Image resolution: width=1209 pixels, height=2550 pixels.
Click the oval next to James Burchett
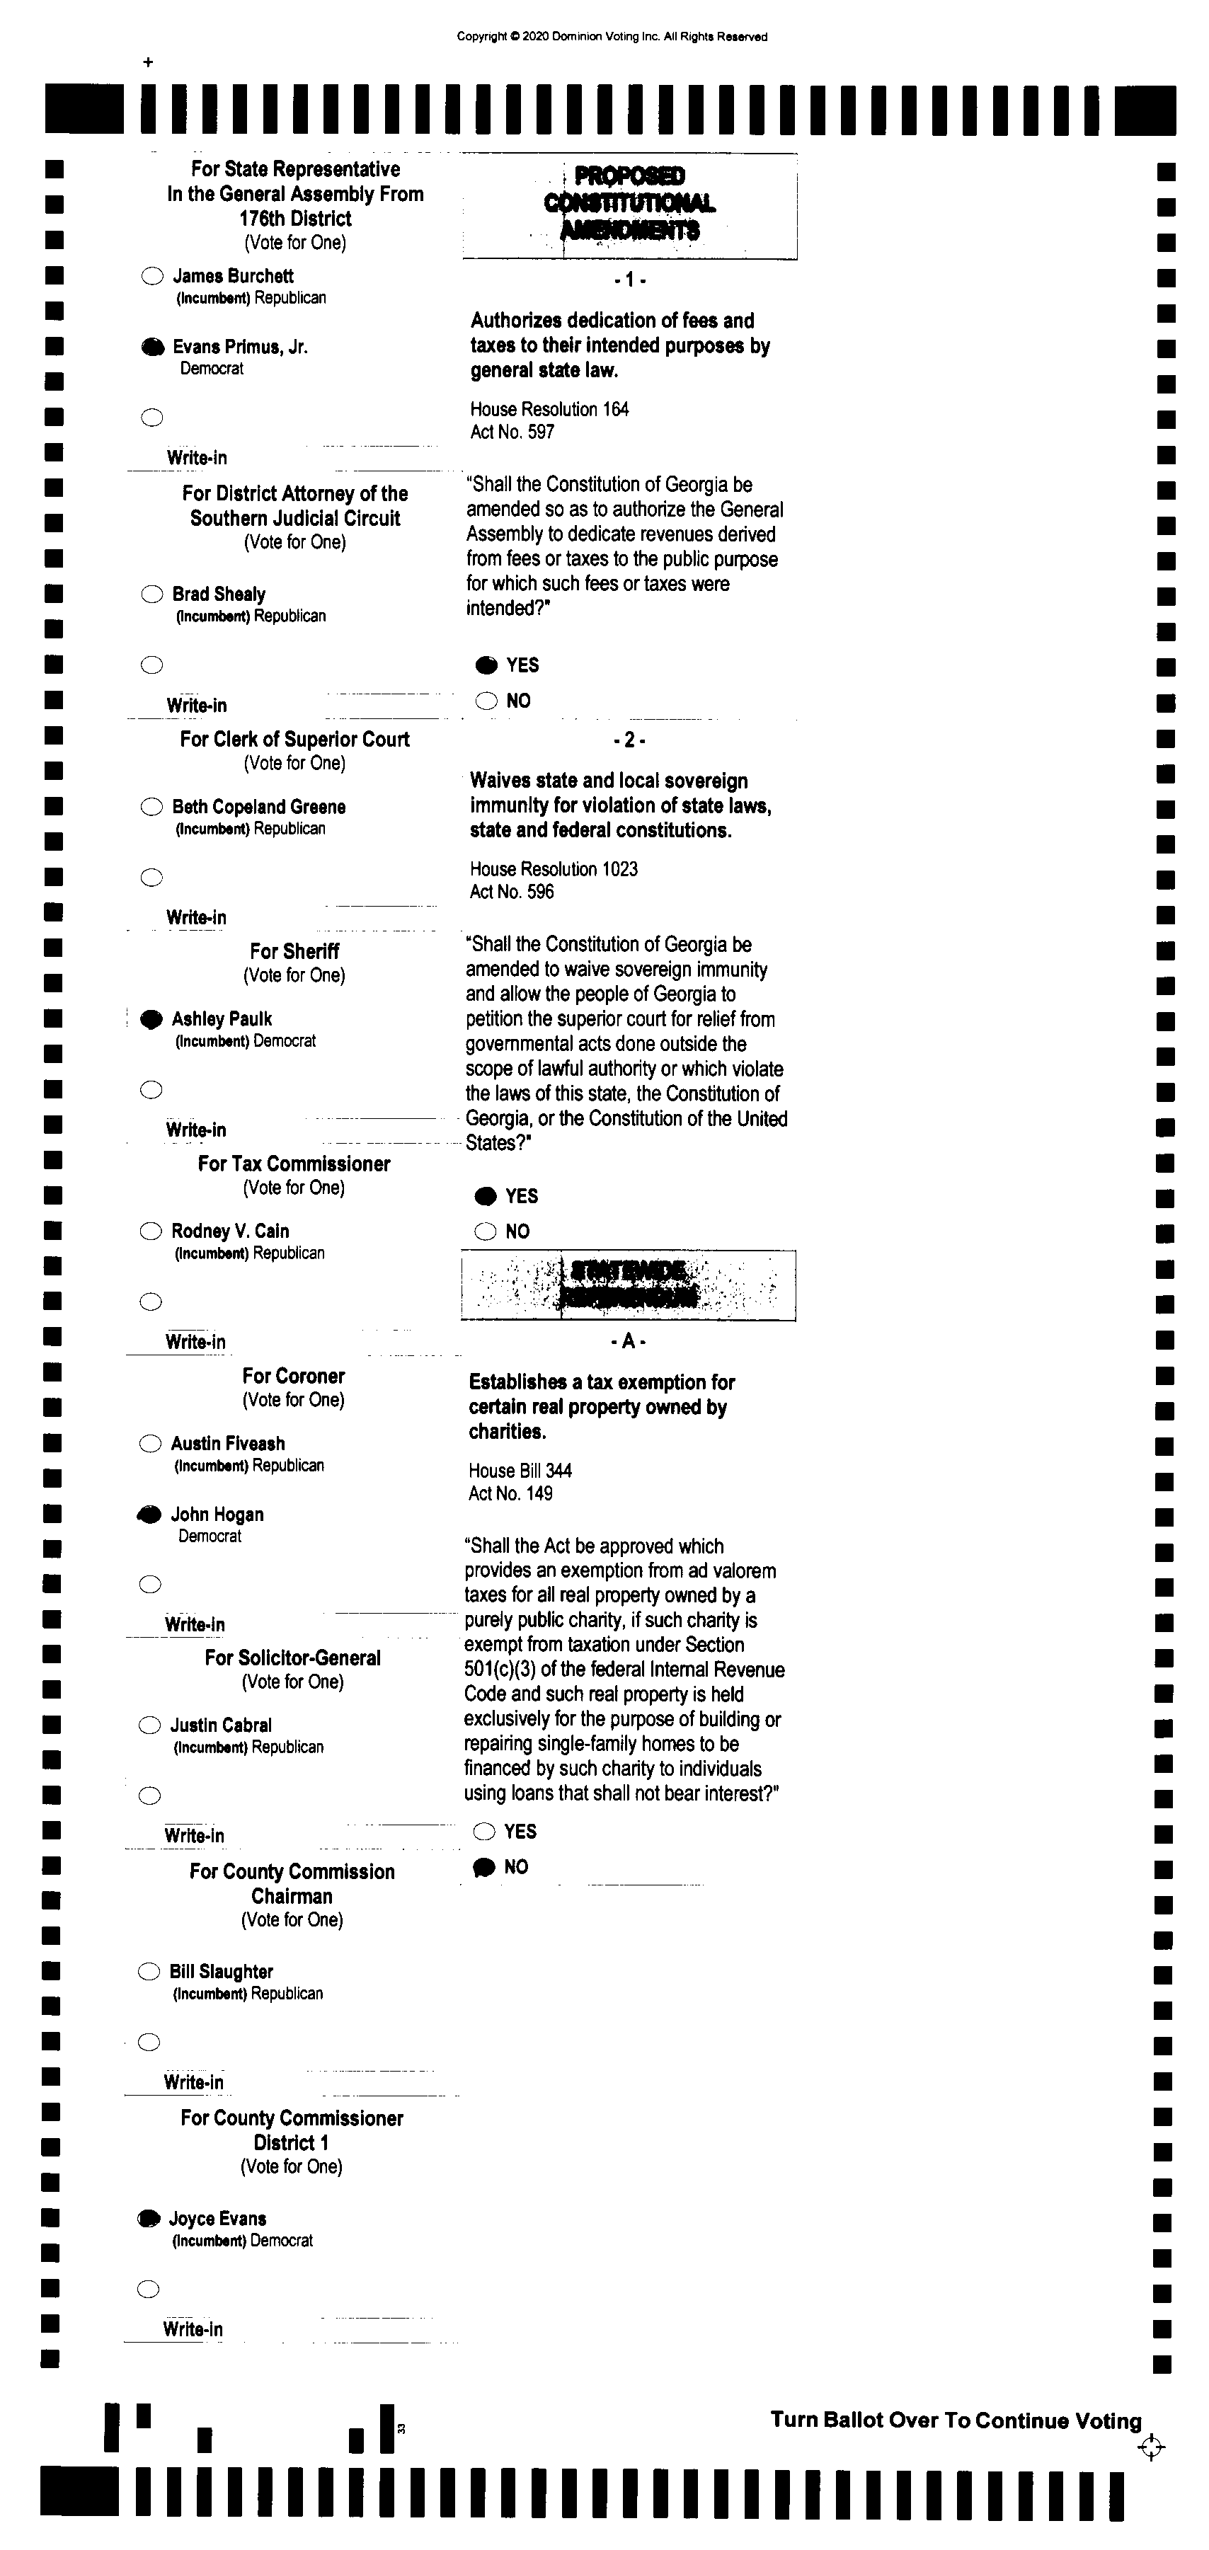pyautogui.click(x=152, y=276)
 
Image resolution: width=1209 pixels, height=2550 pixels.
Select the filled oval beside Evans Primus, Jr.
pyautogui.click(x=152, y=348)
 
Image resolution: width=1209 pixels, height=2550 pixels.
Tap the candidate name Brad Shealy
pyautogui.click(x=219, y=594)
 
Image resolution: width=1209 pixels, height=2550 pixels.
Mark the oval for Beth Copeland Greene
pyautogui.click(x=151, y=807)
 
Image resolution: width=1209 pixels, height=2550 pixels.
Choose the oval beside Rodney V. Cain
pyautogui.click(x=151, y=1231)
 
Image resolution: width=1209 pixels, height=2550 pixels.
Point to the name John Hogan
pyautogui.click(x=217, y=1515)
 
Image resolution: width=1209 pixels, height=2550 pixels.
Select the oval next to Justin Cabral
pyautogui.click(x=149, y=1725)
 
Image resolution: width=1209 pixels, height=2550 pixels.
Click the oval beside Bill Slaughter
pyautogui.click(x=149, y=1972)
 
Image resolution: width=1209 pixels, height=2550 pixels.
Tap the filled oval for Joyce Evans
pyautogui.click(x=149, y=2218)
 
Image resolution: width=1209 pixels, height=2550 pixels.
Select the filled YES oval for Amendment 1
pyautogui.click(x=486, y=665)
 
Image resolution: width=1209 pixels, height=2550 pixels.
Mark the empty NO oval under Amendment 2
pyautogui.click(x=485, y=1231)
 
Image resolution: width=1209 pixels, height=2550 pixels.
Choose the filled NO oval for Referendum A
pyautogui.click(x=484, y=1867)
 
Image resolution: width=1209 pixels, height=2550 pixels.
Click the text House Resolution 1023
pyautogui.click(x=554, y=869)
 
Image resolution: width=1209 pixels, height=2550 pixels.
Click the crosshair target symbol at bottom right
pyautogui.click(x=1150, y=2448)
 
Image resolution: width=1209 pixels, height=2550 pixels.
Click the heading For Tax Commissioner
pyautogui.click(x=294, y=1164)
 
